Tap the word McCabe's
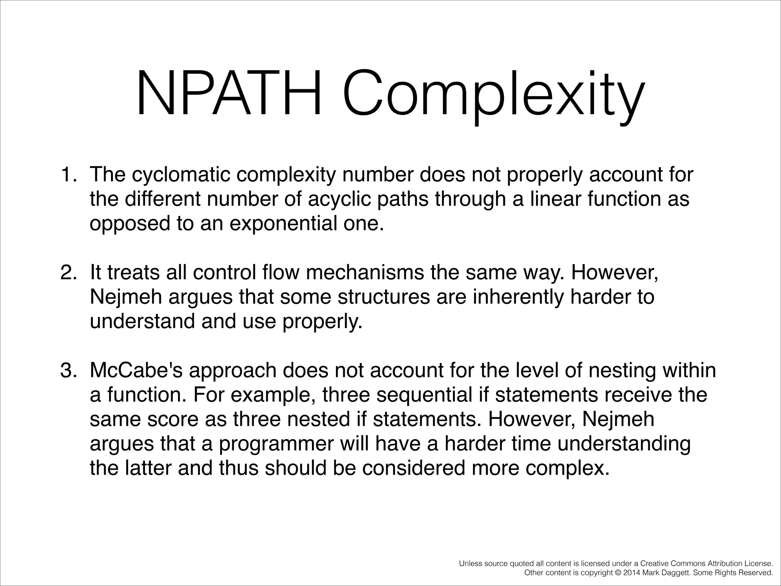coord(136,370)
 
